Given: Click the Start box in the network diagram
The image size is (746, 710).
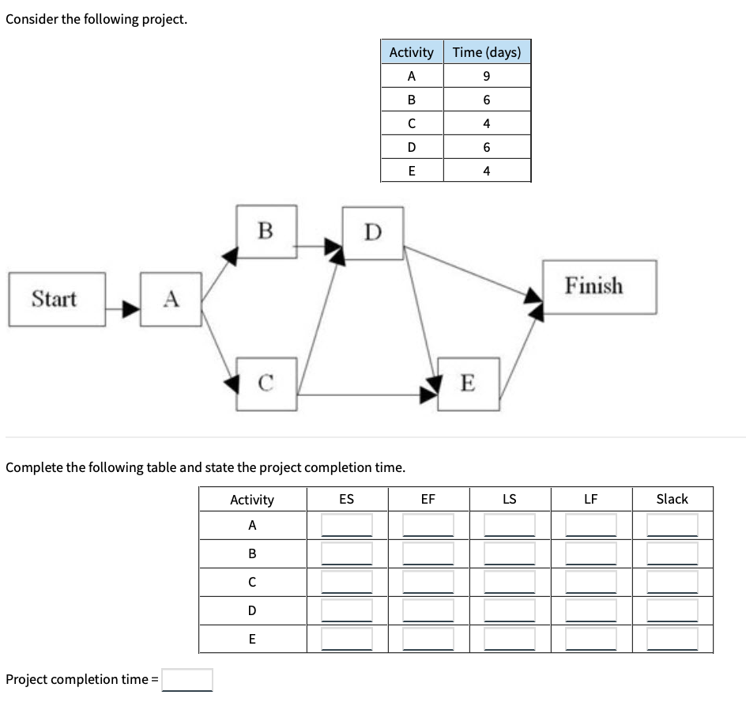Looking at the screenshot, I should pos(56,299).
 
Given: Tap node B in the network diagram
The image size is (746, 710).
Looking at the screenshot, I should pos(266,231).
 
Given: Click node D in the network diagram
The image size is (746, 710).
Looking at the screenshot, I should pos(373,232).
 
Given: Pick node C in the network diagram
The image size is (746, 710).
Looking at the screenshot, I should pos(266,383).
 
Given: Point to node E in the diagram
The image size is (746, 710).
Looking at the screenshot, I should pos(468,383).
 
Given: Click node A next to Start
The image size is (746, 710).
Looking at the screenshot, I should pos(171,299).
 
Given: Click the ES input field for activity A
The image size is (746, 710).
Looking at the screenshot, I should pos(346,525).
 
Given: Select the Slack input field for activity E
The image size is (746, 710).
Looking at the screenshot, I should pos(672,638).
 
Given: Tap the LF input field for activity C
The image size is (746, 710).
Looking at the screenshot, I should pos(590,582).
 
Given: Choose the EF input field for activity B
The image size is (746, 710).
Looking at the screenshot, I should pos(428,553).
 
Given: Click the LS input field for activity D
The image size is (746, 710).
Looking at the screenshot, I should pos(509,610).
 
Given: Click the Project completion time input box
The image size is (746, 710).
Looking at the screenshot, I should pos(187,680).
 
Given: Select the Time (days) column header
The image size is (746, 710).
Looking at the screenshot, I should pos(486,52).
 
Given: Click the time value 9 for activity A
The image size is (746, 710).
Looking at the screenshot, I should pos(486,76).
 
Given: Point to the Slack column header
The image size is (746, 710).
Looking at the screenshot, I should pos(672,499).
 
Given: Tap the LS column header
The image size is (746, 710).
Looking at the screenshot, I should pos(509,499).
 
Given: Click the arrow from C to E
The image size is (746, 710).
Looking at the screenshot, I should pos(367,393).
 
